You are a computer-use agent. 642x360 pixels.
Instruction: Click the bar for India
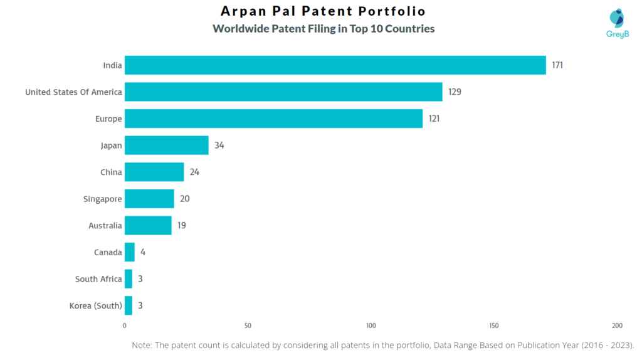tap(335, 65)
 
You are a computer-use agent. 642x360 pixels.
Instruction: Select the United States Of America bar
tap(283, 92)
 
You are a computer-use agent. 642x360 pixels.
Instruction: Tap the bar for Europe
tap(273, 119)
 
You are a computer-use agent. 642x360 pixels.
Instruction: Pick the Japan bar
tap(166, 146)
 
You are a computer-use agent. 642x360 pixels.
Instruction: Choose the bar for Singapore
tap(149, 199)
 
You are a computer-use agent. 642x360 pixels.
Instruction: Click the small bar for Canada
tap(129, 252)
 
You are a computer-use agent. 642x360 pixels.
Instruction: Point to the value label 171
tap(557, 65)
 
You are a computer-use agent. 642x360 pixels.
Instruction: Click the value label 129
tap(455, 92)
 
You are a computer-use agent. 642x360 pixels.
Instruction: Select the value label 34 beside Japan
tap(219, 146)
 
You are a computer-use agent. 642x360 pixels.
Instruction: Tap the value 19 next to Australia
tap(181, 225)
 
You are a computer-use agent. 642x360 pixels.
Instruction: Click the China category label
tap(111, 172)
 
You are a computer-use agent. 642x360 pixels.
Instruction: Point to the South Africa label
tap(98, 279)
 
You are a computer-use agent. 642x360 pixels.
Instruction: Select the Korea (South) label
tap(96, 306)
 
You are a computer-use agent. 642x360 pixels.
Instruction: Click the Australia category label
tap(105, 226)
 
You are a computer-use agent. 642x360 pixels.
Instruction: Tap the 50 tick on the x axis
tap(248, 326)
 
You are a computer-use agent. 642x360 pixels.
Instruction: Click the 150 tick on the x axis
tap(494, 326)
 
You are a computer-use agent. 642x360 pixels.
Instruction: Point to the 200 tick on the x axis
tap(618, 326)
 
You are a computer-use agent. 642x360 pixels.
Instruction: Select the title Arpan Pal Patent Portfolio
tap(323, 11)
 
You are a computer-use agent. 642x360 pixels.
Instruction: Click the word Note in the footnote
tap(142, 345)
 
